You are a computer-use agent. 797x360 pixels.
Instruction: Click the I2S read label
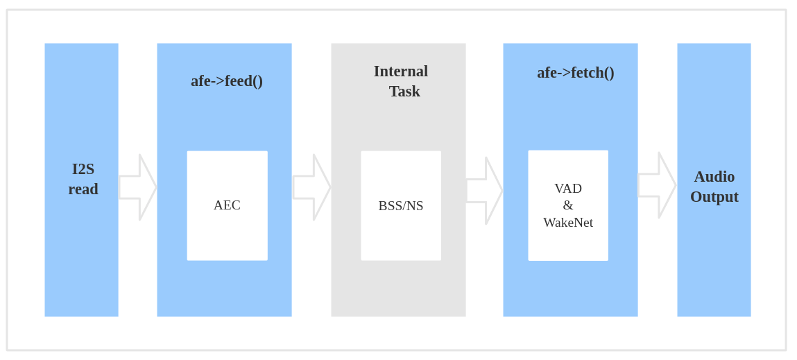pos(83,179)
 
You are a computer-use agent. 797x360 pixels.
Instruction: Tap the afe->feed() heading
pos(227,81)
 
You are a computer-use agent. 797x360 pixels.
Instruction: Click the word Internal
pos(401,71)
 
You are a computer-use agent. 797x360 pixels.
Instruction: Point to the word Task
pos(404,92)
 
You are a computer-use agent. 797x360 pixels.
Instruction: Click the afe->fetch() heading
pos(576,73)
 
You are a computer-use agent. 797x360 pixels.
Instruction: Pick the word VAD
pos(568,188)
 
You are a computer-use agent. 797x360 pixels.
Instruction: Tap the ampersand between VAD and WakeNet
pos(568,205)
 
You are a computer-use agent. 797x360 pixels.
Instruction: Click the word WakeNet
pos(568,223)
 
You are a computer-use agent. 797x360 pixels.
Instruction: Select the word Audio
pos(714,177)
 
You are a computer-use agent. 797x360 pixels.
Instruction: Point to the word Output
pos(714,197)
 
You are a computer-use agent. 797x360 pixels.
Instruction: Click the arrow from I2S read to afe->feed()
pos(138,187)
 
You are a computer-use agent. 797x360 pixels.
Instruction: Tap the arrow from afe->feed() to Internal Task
pos(312,187)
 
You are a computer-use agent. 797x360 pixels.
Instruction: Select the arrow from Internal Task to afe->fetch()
pos(485,191)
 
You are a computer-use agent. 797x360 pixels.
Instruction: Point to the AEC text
pos(227,205)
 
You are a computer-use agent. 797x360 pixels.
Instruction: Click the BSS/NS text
pos(401,206)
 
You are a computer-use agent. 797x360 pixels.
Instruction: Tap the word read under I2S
pos(83,189)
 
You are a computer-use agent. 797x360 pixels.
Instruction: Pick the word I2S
pos(83,169)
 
